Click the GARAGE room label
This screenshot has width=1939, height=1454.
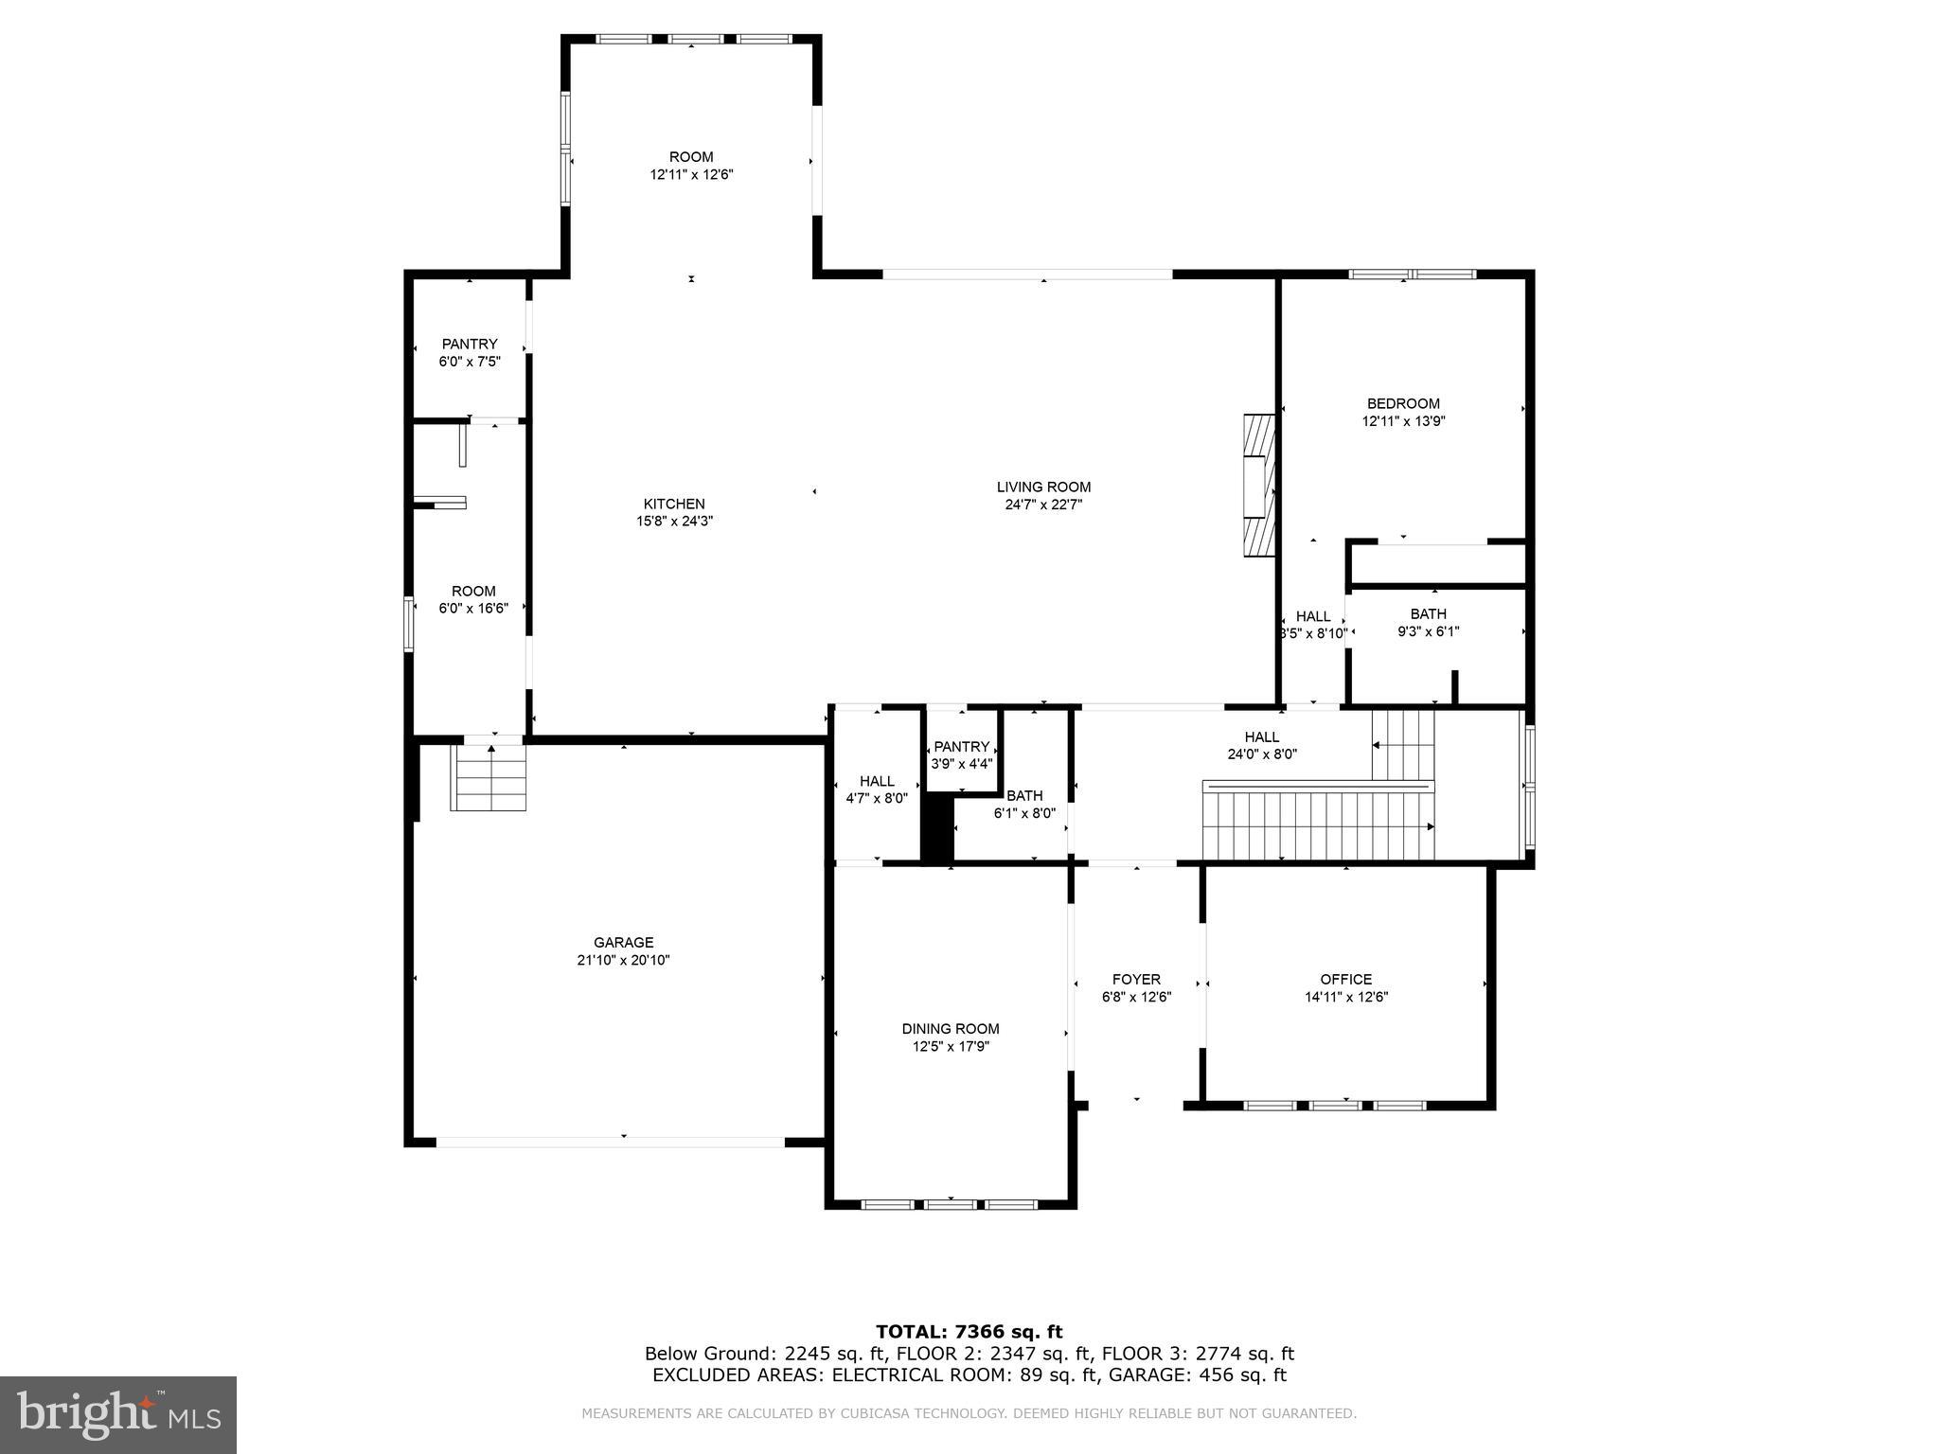pyautogui.click(x=624, y=942)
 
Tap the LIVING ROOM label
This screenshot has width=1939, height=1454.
pyautogui.click(x=1043, y=488)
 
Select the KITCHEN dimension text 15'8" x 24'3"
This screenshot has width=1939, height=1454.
pyautogui.click(x=674, y=521)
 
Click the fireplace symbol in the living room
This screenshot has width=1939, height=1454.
pyautogui.click(x=1260, y=488)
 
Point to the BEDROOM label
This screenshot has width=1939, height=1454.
pyautogui.click(x=1403, y=403)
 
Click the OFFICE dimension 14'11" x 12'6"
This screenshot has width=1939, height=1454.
pyautogui.click(x=1346, y=997)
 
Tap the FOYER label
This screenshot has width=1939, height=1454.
pyautogui.click(x=1136, y=979)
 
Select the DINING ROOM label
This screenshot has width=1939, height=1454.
pyautogui.click(x=951, y=1029)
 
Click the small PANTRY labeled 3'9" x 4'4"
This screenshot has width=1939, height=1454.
pyautogui.click(x=962, y=754)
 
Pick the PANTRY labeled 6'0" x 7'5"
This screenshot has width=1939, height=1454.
pyautogui.click(x=470, y=352)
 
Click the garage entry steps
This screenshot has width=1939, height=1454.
pyautogui.click(x=489, y=778)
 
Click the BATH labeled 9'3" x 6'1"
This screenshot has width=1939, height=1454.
pyautogui.click(x=1429, y=623)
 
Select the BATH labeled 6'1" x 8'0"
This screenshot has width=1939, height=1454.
pyautogui.click(x=1024, y=804)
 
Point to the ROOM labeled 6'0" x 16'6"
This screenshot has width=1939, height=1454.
pyautogui.click(x=473, y=599)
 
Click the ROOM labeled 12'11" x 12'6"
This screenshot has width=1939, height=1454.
pyautogui.click(x=691, y=166)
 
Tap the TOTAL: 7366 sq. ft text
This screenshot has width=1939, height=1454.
pyautogui.click(x=969, y=1332)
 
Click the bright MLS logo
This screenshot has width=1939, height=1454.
pyautogui.click(x=118, y=1415)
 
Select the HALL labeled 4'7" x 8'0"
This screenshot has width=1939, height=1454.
pyautogui.click(x=877, y=789)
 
